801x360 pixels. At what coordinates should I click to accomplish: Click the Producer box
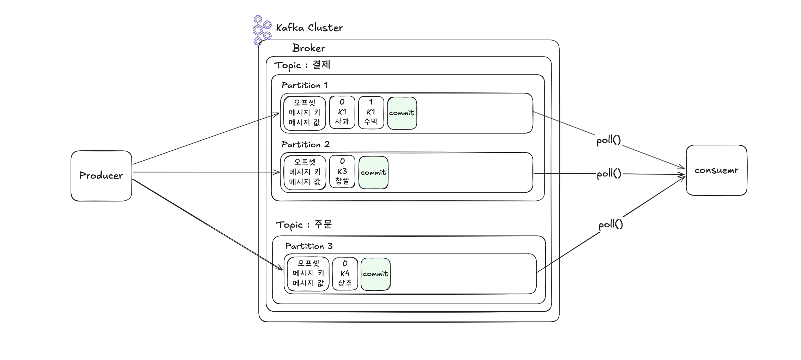coord(101,176)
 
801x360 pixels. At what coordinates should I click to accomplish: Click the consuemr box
coord(716,170)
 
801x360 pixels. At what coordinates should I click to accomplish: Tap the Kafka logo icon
coord(261,30)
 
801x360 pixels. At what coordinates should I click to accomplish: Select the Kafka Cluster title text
coord(309,28)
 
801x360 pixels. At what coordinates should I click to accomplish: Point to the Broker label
coord(308,48)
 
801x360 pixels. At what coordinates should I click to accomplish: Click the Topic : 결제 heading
coord(302,65)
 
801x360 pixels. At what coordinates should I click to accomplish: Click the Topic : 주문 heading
coord(303,225)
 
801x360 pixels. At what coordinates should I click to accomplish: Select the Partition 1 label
coord(305,85)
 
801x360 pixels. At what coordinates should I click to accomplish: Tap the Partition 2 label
coord(306,144)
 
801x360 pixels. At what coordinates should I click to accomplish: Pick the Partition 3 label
coord(309,246)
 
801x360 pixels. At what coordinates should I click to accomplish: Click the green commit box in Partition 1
coord(402,113)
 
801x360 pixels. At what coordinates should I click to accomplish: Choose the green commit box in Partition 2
coord(373,173)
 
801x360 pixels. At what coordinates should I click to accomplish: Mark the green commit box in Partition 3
coord(375,274)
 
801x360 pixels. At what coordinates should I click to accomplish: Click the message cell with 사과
coord(342,112)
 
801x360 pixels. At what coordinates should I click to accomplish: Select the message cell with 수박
coord(371,112)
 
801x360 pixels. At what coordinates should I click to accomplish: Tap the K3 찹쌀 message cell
coord(342,172)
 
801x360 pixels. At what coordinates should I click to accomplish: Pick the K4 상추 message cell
coord(345,274)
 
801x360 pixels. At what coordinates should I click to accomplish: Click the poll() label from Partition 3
coord(610,224)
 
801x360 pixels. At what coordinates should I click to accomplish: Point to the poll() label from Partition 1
coord(608,140)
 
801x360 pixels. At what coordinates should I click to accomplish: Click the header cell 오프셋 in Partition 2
coord(305,173)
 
